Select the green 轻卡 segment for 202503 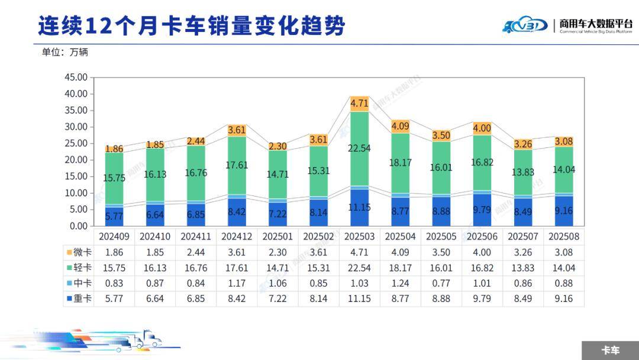click(359, 148)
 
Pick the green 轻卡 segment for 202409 click(114, 178)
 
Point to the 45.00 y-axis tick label click(75, 78)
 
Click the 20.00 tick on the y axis click(75, 160)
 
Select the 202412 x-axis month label click(237, 236)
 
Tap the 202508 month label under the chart click(564, 236)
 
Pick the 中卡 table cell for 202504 click(400, 283)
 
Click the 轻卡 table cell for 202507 click(523, 268)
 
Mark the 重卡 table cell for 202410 click(154, 298)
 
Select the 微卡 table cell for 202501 click(277, 252)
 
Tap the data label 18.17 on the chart click(401, 162)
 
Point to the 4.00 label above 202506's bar click(482, 128)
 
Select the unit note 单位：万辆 click(64, 52)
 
